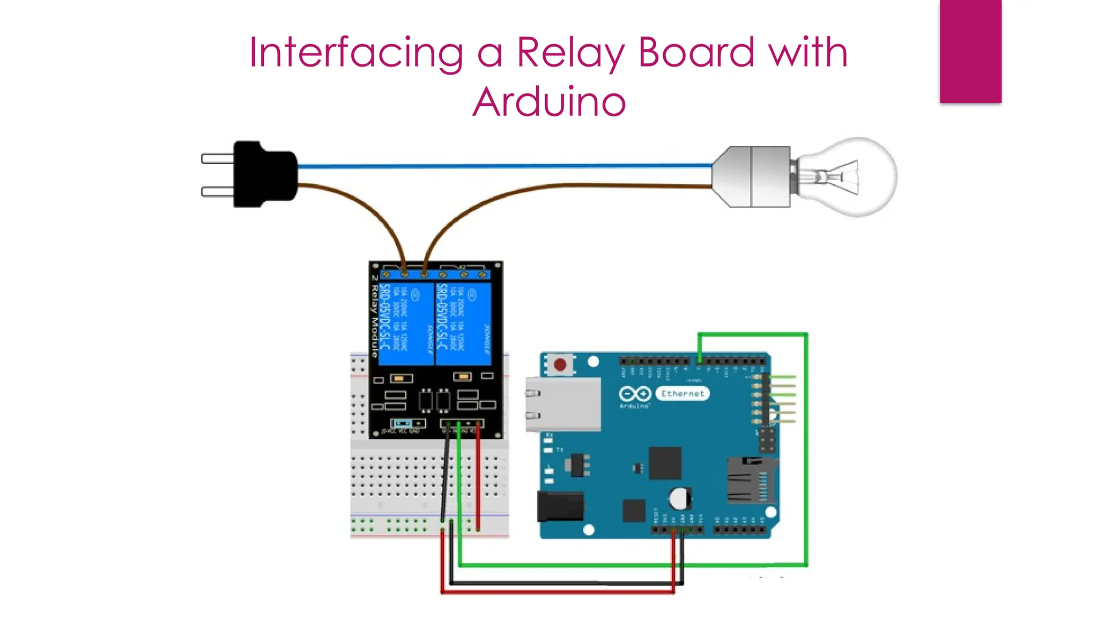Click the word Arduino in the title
(x=549, y=102)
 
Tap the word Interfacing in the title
(x=356, y=53)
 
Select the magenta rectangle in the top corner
(x=970, y=51)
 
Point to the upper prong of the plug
(x=217, y=159)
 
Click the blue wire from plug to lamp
(x=504, y=166)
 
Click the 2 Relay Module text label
(x=374, y=317)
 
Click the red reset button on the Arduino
(x=560, y=365)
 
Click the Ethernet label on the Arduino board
(x=682, y=394)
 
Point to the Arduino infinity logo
(x=635, y=394)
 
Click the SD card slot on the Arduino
(x=750, y=481)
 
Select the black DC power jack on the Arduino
(x=560, y=506)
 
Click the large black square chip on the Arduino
(x=665, y=463)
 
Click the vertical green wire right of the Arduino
(x=806, y=451)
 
